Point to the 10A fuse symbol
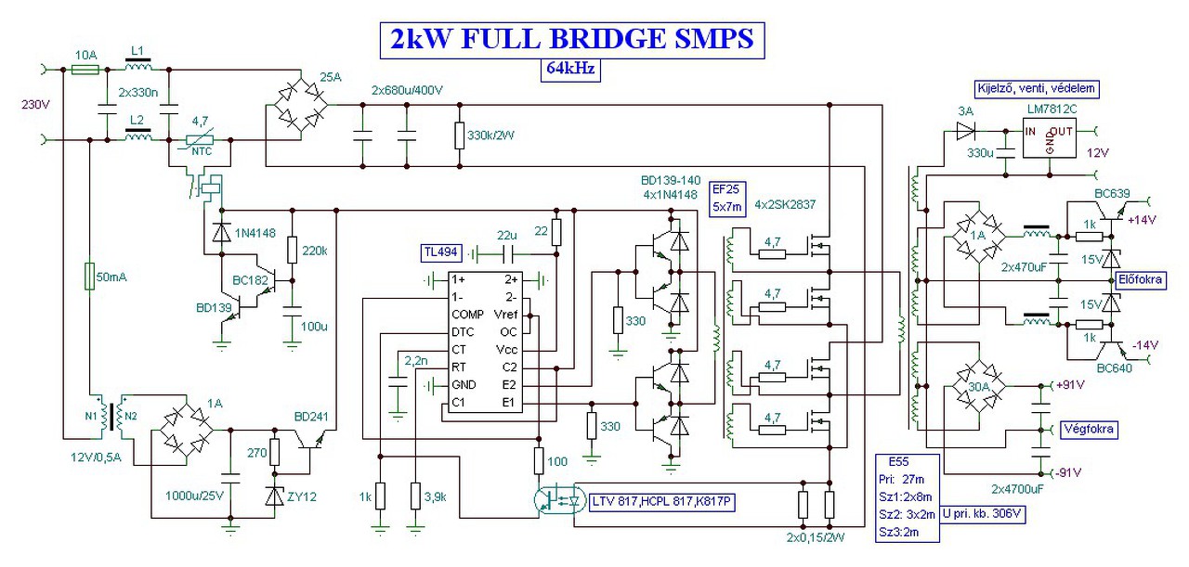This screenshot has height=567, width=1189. pyautogui.click(x=85, y=70)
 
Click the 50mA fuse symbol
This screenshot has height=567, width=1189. pyautogui.click(x=89, y=277)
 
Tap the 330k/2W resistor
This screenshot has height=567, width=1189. pyautogui.click(x=458, y=136)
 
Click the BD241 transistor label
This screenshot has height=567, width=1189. pyautogui.click(x=311, y=416)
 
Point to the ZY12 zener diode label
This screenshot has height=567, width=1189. pyautogui.click(x=301, y=496)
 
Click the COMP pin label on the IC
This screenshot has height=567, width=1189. pyautogui.click(x=466, y=314)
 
